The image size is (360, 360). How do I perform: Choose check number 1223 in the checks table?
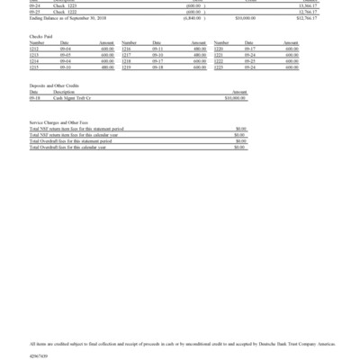(218, 67)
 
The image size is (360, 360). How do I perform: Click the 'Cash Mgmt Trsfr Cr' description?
(72, 97)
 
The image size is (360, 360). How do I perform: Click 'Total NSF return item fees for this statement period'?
(70, 128)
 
